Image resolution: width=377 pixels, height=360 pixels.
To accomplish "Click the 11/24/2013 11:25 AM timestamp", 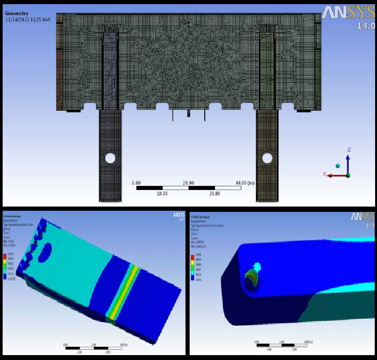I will (28, 19).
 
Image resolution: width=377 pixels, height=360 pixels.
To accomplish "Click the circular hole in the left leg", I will (110, 158).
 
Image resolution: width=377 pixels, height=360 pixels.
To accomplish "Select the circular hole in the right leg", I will (267, 158).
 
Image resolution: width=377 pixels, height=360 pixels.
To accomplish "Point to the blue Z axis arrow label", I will (349, 150).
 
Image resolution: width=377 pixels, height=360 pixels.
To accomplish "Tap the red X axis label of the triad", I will (324, 174).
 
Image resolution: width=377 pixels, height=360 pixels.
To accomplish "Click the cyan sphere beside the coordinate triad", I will (338, 166).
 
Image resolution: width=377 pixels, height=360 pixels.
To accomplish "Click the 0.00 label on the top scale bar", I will (136, 183).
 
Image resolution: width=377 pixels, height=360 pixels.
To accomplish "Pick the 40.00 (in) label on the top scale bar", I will (245, 183).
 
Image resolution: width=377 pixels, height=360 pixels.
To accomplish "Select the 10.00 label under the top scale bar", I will (162, 193).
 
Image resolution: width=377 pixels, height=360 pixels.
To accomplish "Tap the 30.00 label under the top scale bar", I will (215, 193).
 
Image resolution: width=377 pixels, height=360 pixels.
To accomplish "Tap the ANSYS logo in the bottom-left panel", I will (178, 215).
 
